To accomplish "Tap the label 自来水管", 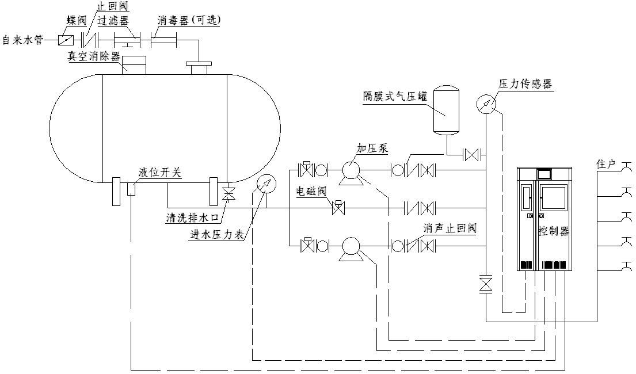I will coord(22,40).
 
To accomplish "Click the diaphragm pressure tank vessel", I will coord(447,109).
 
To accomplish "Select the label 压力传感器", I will coord(525,84).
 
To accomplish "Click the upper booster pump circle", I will coord(351,170).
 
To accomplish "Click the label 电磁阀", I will coord(311,191).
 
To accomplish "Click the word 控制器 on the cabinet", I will coord(554,231).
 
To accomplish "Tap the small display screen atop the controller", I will coord(544,173).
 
